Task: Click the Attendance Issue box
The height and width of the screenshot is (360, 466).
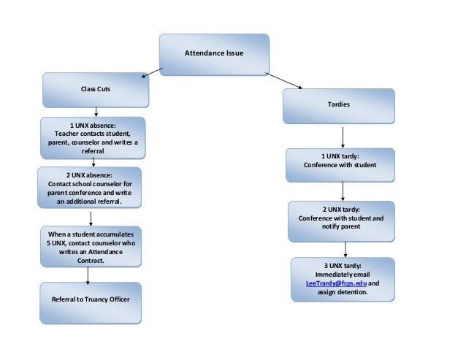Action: point(214,53)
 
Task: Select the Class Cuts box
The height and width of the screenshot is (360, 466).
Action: point(96,90)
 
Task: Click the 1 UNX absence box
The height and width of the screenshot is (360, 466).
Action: point(92,137)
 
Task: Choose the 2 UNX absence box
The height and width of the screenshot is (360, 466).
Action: point(89,188)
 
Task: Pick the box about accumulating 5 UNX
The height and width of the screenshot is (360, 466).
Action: point(91,246)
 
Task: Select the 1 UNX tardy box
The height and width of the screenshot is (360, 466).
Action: point(340,162)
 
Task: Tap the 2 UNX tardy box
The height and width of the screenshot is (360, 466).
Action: point(341,221)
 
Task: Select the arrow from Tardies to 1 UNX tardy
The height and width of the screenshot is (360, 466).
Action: point(343,137)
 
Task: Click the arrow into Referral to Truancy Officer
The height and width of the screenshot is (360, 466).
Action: point(88,275)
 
